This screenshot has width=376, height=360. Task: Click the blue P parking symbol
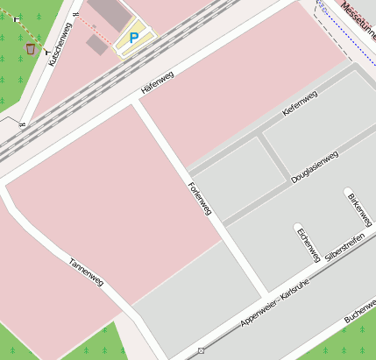(x=134, y=38)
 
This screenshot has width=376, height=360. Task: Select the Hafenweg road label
(x=158, y=82)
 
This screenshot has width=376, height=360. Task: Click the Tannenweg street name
(x=87, y=272)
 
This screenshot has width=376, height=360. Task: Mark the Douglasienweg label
(x=314, y=167)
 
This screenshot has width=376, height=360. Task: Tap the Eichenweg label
(x=308, y=244)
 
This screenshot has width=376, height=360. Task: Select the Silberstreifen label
(x=344, y=250)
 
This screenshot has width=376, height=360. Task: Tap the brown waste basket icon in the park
(x=32, y=48)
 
